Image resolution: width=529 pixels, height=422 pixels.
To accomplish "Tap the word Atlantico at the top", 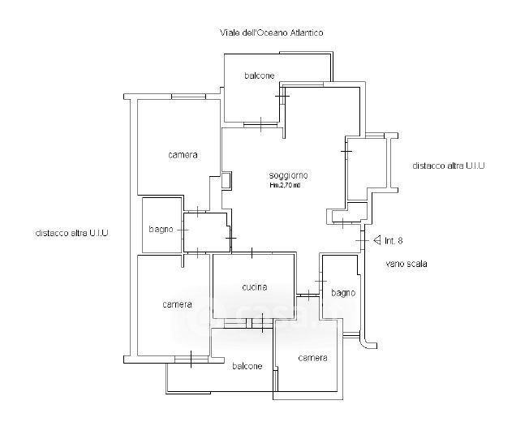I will (x=303, y=32).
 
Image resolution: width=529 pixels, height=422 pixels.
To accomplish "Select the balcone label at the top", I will (x=259, y=75).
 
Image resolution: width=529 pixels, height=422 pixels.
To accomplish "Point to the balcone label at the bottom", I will (x=247, y=366).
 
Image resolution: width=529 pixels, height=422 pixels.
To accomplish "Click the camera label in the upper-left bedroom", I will (x=183, y=154).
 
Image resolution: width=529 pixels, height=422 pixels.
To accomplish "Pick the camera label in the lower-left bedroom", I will (x=177, y=304).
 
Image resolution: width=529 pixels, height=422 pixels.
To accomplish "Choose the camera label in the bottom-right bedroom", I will (x=312, y=358).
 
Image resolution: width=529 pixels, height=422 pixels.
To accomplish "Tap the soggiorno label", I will (x=289, y=175).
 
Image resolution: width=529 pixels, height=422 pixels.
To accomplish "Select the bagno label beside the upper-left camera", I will (x=160, y=230).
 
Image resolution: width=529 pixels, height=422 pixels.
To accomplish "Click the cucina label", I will (x=254, y=287).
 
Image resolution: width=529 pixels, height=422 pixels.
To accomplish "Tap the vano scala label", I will (x=406, y=264).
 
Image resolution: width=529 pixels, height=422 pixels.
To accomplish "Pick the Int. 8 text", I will (x=394, y=240).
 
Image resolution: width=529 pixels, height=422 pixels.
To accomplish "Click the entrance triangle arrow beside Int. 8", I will (x=376, y=240).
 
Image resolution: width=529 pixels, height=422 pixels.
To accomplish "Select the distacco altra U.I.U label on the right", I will (x=448, y=166).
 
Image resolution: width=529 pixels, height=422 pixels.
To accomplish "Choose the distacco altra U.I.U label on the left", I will (x=72, y=232).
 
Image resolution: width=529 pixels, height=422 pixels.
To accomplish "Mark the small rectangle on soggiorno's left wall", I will (x=226, y=179).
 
